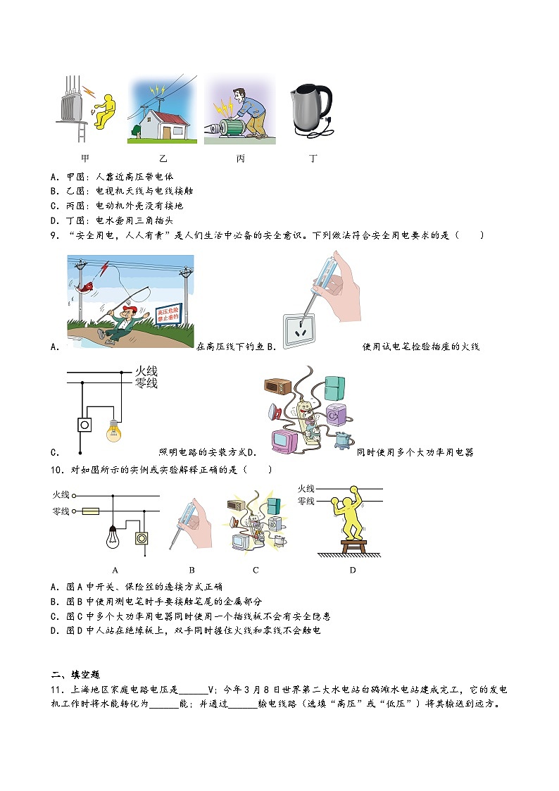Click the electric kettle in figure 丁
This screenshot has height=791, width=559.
click(x=309, y=109)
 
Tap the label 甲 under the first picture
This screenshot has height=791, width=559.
click(x=85, y=159)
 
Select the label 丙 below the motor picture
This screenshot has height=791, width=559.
click(x=240, y=159)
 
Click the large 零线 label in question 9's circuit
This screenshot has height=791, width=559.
click(x=146, y=383)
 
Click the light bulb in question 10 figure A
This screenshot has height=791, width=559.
click(x=111, y=540)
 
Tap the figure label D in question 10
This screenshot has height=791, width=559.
click(x=353, y=570)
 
